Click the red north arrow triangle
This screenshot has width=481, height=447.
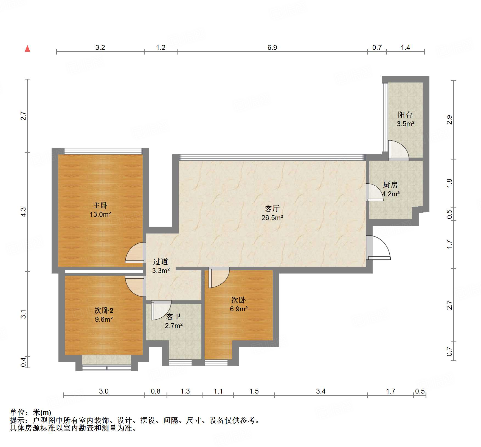pos(27,49)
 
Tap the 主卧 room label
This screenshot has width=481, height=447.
pos(100,205)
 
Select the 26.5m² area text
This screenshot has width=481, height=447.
pos(272,218)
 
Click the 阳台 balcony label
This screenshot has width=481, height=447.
pos(405,115)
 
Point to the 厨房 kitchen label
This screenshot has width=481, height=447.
pos(390,185)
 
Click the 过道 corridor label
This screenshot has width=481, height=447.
pos(161,261)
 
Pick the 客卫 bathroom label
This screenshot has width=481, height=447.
pos(173,317)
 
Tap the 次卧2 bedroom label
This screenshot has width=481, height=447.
pos(104,310)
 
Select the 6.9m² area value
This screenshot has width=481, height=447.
pos(239,309)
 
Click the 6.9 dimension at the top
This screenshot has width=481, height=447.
pos(272,47)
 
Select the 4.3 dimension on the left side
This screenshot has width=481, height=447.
pos(24,212)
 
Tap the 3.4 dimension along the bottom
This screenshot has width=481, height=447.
pos(321,391)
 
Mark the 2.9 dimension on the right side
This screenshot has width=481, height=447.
pos(449,120)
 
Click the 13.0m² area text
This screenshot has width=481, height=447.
pos(100,214)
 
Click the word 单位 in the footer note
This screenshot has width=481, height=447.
pos(17,412)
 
